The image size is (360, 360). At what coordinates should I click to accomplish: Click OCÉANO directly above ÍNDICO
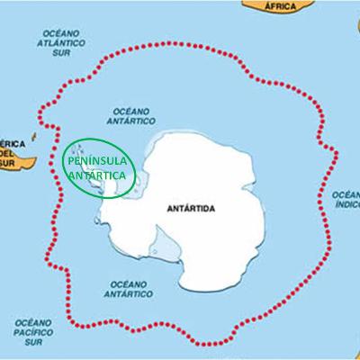click(346, 194)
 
